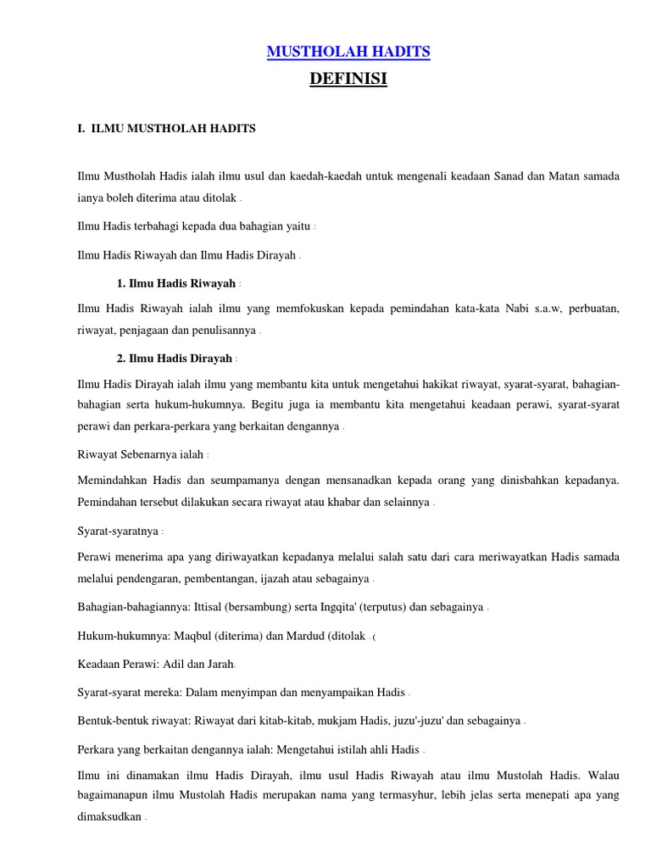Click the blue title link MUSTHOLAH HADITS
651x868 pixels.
(348, 53)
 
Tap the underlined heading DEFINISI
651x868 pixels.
(348, 80)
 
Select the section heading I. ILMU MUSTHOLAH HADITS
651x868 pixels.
(166, 128)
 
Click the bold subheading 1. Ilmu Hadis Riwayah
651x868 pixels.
(176, 283)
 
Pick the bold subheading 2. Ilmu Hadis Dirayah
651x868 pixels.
(176, 359)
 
